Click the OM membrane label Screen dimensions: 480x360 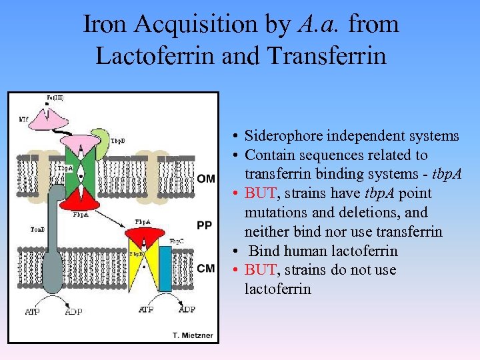click(206, 178)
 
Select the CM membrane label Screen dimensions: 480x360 click(206, 268)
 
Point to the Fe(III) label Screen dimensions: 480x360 click(56, 98)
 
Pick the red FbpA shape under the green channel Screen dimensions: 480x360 click(81, 197)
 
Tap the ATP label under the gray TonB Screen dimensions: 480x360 click(32, 311)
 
